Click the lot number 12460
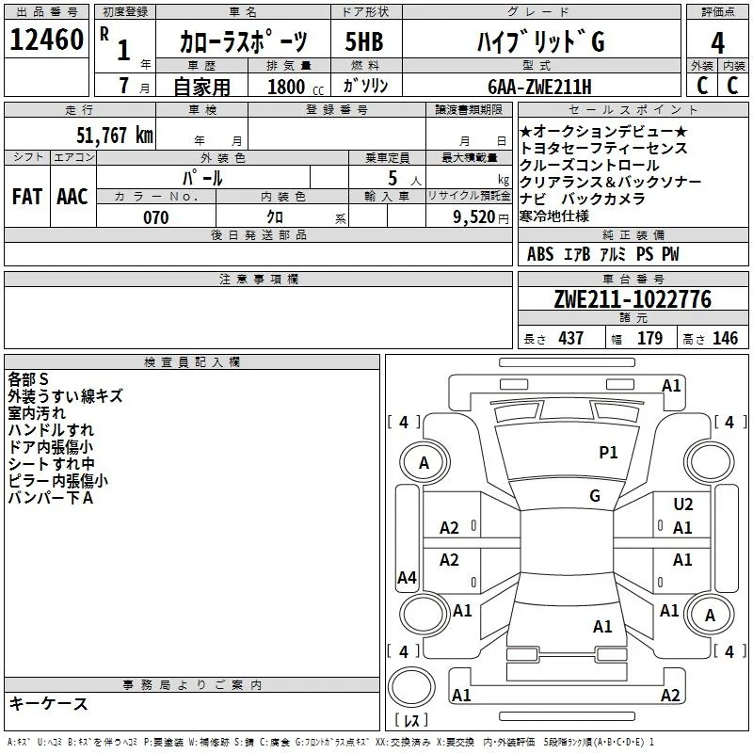pos(46,40)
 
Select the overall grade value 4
pos(717,43)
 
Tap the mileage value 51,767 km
pos(115,136)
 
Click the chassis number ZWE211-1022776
pos(633,299)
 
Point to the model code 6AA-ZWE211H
pos(539,87)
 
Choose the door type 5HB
pos(364,41)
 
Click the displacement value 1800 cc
pos(296,88)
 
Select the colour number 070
pos(156,217)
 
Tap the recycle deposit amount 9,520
pos(474,217)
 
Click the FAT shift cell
pos(27,197)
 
